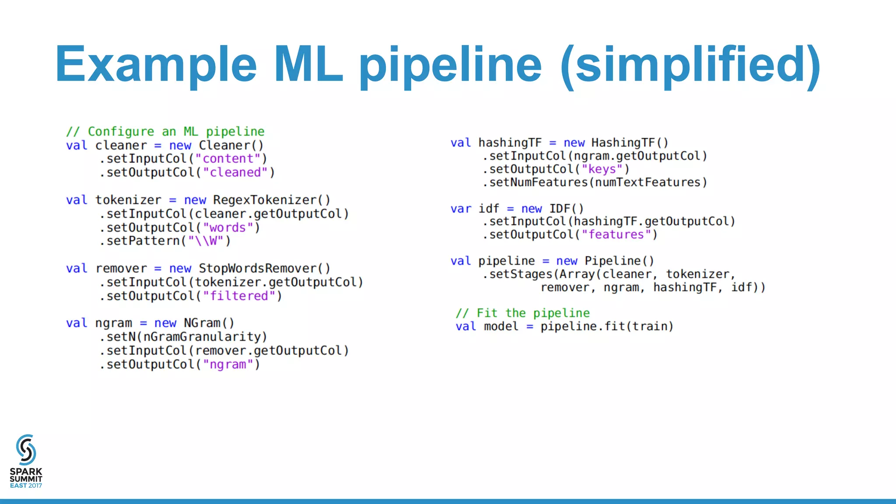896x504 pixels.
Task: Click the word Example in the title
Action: click(x=155, y=65)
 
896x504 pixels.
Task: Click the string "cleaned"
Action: click(x=235, y=173)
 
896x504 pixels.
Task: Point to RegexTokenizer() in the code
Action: click(x=271, y=200)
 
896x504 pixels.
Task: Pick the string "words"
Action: click(x=228, y=228)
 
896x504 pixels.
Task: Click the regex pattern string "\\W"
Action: click(x=206, y=241)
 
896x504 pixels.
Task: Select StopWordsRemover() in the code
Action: click(x=264, y=268)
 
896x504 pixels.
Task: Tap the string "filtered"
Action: click(x=239, y=296)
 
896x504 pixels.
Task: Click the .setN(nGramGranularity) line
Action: click(x=183, y=337)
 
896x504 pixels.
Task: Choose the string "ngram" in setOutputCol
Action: click(x=228, y=364)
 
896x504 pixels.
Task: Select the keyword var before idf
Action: click(x=461, y=209)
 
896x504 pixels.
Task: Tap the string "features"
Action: click(x=616, y=235)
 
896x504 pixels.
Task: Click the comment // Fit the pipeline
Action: click(x=522, y=313)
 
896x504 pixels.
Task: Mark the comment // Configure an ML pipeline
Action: click(x=165, y=132)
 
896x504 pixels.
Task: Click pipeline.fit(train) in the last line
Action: click(x=606, y=326)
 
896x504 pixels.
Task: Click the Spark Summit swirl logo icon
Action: click(x=26, y=449)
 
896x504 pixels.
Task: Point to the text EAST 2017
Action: click(x=26, y=486)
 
